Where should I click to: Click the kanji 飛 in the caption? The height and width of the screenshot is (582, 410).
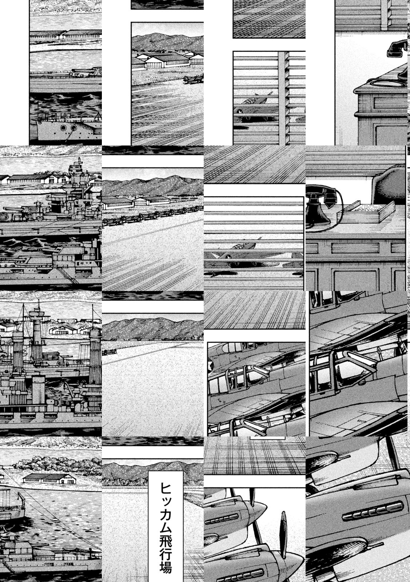pyautogui.click(x=166, y=542)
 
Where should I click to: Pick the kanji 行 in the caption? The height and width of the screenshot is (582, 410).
pyautogui.click(x=166, y=555)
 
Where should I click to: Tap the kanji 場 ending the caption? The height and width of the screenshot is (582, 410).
pyautogui.click(x=166, y=569)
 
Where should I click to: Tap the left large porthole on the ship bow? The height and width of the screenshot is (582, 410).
pyautogui.click(x=63, y=128)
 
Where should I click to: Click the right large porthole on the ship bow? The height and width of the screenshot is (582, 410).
pyautogui.click(x=74, y=128)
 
